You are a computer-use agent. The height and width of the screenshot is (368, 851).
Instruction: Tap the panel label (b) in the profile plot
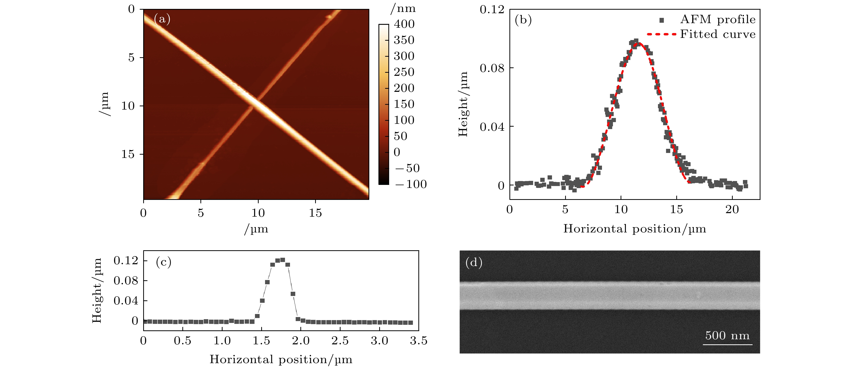point(523,20)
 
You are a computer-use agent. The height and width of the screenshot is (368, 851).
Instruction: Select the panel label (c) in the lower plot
point(164,262)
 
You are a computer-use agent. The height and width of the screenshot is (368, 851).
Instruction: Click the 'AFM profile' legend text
point(717,20)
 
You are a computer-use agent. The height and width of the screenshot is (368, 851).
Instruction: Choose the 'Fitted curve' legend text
point(717,34)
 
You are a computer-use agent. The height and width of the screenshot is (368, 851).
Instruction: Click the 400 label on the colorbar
point(404,24)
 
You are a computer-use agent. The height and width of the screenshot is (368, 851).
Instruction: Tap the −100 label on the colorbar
point(411,184)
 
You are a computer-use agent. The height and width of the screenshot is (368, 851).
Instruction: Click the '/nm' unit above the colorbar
point(403,8)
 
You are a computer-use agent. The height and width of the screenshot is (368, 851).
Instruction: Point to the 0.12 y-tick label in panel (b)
point(492,10)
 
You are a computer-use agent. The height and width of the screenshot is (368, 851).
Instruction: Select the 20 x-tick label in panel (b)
point(732,210)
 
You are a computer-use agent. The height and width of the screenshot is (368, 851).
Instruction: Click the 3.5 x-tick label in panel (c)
point(419,341)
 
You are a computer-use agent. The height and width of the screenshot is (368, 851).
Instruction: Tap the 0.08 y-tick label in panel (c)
point(126,281)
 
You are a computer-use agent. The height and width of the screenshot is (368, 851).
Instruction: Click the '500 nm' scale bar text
point(727,336)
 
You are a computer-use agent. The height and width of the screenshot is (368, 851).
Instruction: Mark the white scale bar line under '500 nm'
point(727,345)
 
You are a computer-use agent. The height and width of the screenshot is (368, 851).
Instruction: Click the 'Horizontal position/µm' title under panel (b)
point(634,229)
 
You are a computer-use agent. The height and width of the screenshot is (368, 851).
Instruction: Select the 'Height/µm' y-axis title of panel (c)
point(97,290)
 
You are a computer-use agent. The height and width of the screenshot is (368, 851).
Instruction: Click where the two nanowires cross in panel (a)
point(256,103)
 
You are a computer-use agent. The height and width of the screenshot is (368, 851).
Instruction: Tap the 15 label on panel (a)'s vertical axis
point(128,154)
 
